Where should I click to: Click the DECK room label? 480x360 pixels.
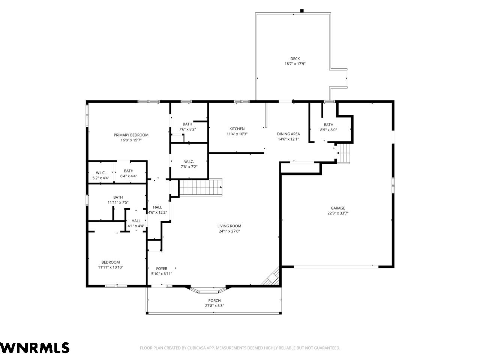pyautogui.click(x=295, y=58)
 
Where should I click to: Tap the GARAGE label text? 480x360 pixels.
pyautogui.click(x=338, y=208)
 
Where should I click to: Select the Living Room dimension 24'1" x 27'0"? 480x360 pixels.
pyautogui.click(x=229, y=231)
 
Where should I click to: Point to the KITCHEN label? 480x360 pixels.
pyautogui.click(x=237, y=129)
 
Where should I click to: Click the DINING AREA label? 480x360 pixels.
pyautogui.click(x=288, y=134)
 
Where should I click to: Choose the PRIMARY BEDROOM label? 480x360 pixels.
pyautogui.click(x=131, y=135)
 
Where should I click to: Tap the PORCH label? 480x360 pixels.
pyautogui.click(x=214, y=300)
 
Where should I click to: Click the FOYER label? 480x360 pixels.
pyautogui.click(x=162, y=268)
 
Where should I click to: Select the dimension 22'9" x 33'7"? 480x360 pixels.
pyautogui.click(x=338, y=213)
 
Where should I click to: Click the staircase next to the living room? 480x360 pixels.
pyautogui.click(x=201, y=187)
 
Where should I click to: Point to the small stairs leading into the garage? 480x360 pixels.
pyautogui.click(x=344, y=153)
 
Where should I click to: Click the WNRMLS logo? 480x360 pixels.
pyautogui.click(x=34, y=348)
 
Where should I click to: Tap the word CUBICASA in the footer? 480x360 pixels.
pyautogui.click(x=195, y=348)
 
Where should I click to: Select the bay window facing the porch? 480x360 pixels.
pyautogui.click(x=208, y=290)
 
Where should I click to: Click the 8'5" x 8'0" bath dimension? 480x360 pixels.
pyautogui.click(x=328, y=130)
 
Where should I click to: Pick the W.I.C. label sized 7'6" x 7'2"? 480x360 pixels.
pyautogui.click(x=189, y=162)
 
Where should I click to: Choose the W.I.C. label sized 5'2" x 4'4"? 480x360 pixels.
pyautogui.click(x=100, y=173)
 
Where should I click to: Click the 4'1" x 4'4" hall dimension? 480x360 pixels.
pyautogui.click(x=136, y=226)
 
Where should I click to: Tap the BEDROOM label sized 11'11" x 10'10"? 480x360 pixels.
pyautogui.click(x=111, y=262)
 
